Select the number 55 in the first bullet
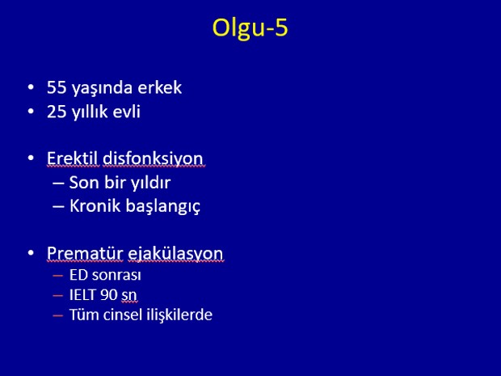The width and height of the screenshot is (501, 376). (57, 87)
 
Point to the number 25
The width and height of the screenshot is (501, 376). (57, 112)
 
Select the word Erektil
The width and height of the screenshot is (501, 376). (74, 158)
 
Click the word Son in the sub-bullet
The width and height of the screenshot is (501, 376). (82, 183)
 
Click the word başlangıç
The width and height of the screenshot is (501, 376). (163, 207)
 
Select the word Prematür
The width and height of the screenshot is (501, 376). (85, 253)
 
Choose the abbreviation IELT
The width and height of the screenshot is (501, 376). (82, 295)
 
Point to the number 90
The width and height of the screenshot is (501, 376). (108, 295)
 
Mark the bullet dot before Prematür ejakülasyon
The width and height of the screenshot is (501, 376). (31, 253)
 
